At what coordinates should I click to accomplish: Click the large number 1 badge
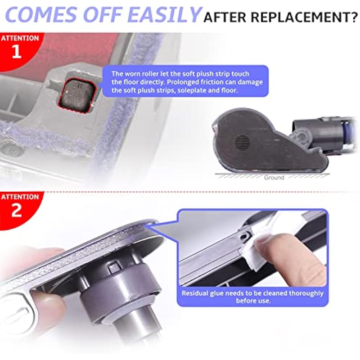coord(17,51)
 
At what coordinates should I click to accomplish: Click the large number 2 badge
coord(17,210)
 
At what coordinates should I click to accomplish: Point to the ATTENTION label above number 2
coord(20,197)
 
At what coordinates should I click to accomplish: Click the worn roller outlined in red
coord(77,95)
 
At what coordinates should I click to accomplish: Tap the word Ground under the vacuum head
coord(274,177)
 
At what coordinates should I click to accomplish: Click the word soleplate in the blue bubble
coord(192,90)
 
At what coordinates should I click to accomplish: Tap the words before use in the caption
coord(253,301)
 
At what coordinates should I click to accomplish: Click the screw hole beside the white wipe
coord(245,235)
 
